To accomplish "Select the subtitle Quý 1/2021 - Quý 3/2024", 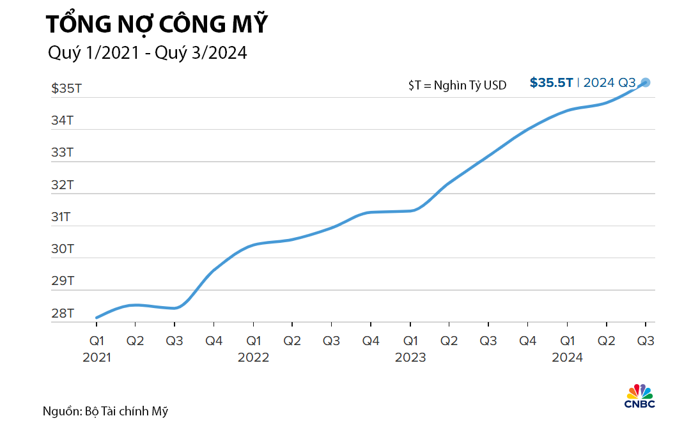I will point(147,54).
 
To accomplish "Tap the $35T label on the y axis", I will point(66,88).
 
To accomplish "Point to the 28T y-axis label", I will point(63,314).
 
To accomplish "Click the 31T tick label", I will point(63,217).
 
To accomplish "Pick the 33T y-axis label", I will point(63,153).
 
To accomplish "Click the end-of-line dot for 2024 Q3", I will point(646,82).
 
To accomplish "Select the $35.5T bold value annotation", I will point(551,82).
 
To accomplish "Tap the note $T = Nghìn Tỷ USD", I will point(457,85).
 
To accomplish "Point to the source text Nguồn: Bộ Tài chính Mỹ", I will point(105,411).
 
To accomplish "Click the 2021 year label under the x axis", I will point(97,357).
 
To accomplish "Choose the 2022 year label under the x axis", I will point(253,357).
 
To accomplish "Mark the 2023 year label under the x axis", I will point(410,357).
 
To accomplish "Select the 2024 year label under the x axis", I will point(568,357).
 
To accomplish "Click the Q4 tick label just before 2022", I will point(214,341).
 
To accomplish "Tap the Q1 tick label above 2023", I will point(410,341).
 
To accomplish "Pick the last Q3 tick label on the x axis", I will point(646,341).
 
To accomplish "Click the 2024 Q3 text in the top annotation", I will point(609,82).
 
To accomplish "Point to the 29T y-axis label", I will point(63,281).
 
